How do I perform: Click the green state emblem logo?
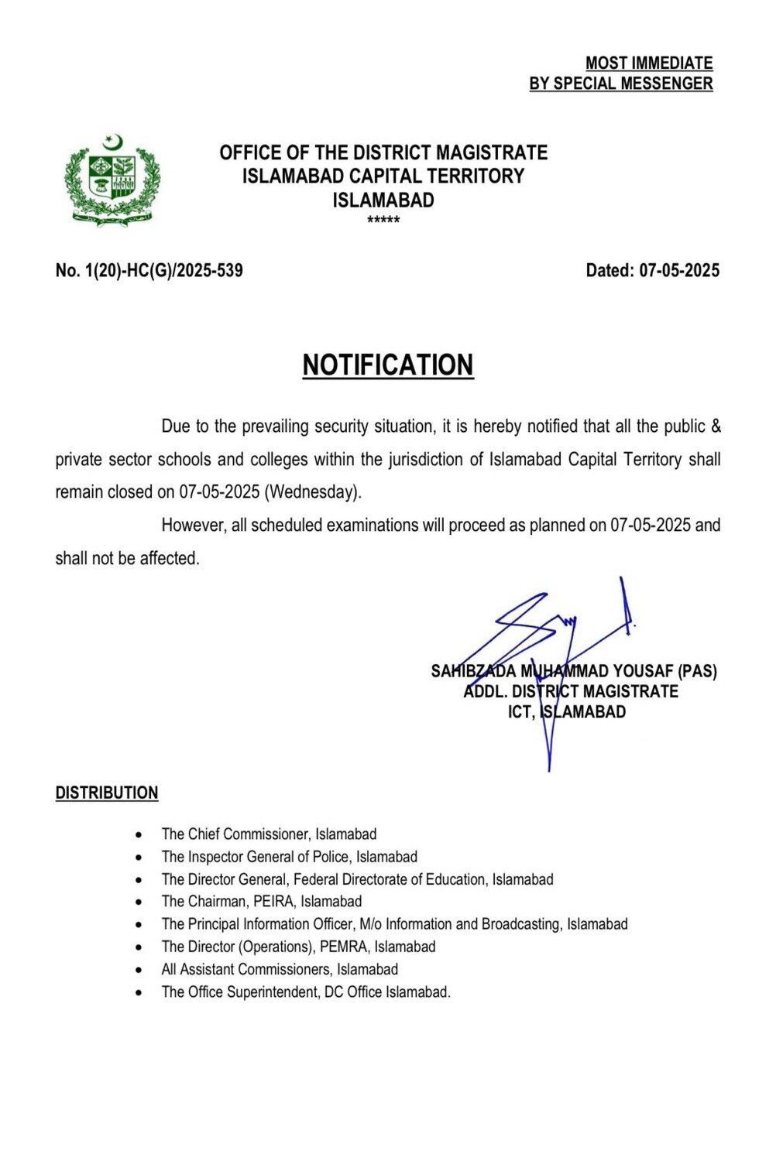(x=112, y=180)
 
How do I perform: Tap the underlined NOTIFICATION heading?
(x=387, y=365)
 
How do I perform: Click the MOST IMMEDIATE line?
(x=648, y=63)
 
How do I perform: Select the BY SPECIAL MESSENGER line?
(x=620, y=84)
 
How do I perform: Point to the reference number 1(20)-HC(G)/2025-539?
(x=163, y=270)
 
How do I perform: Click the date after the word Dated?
(x=679, y=270)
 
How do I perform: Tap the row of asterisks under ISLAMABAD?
(x=383, y=221)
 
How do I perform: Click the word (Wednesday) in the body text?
(x=313, y=492)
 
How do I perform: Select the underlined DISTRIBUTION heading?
(x=107, y=793)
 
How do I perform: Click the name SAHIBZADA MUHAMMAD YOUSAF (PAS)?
(x=574, y=671)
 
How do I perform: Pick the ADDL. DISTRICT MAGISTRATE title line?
(x=571, y=691)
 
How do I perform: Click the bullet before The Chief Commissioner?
(x=139, y=835)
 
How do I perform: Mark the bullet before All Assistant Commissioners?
(x=139, y=970)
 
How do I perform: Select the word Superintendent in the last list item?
(x=273, y=991)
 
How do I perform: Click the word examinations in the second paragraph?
(x=373, y=526)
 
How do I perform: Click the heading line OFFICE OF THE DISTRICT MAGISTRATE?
(x=383, y=152)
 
